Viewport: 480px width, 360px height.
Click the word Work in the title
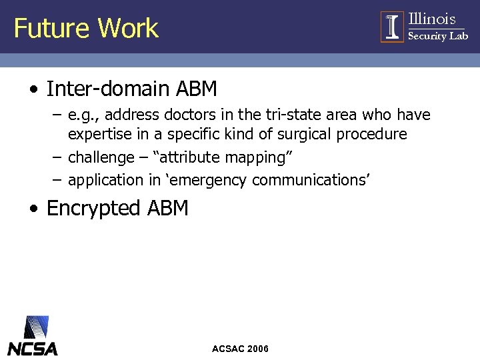(x=128, y=28)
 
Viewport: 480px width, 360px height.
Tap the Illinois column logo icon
(x=393, y=27)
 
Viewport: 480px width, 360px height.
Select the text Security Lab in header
(x=438, y=36)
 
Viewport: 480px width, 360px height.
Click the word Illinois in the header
(x=432, y=19)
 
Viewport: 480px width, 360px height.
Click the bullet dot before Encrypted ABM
(x=33, y=209)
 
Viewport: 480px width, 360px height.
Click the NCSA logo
(x=32, y=337)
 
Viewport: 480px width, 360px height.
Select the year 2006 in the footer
(x=257, y=349)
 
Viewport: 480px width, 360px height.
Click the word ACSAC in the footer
(x=227, y=349)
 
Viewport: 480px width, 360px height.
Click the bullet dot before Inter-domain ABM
(x=33, y=89)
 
